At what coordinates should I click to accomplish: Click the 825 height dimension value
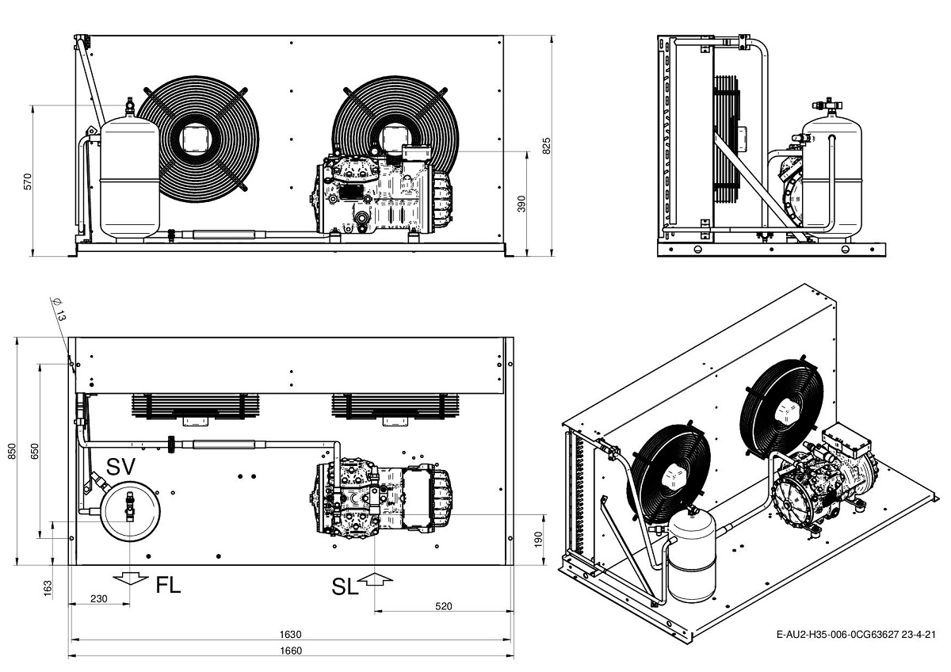tap(546, 145)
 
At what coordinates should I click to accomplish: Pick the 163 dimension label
tap(48, 588)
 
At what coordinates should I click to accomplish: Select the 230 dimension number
tap(98, 599)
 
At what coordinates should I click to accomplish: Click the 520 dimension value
tap(444, 606)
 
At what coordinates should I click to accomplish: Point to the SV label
tap(121, 466)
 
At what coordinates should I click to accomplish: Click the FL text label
tap(168, 586)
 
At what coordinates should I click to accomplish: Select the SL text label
tap(345, 586)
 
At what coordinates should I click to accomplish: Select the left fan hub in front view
tap(193, 139)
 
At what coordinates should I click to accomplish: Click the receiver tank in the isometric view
tap(691, 555)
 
